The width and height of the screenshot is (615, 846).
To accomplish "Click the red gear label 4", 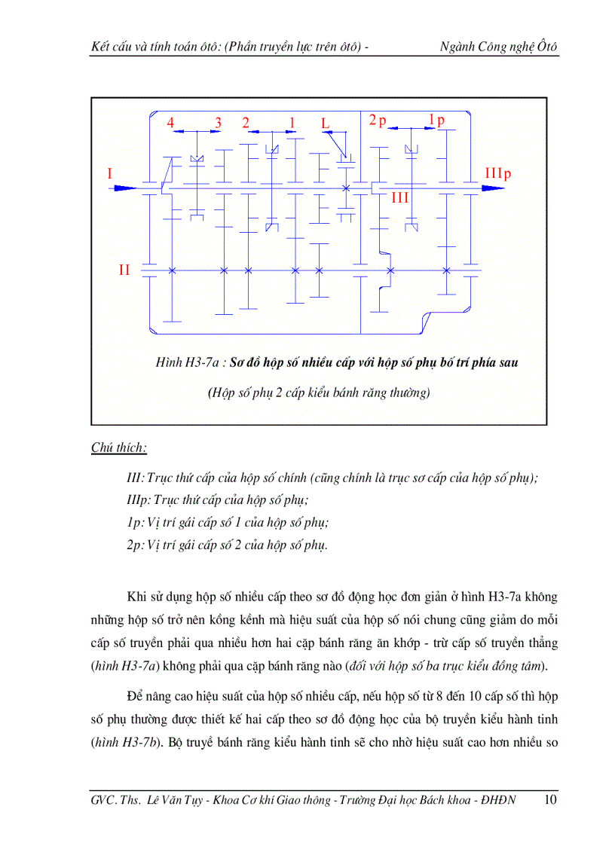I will click(171, 123).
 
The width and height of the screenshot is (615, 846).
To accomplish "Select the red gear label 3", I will click(219, 123).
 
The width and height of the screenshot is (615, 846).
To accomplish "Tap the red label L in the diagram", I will click(325, 123).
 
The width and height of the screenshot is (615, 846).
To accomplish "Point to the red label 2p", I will click(377, 121).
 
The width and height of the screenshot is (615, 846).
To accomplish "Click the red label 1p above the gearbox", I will click(436, 121).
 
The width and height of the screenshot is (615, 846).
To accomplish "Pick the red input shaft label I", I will click(110, 174).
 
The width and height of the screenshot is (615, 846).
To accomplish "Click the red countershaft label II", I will click(125, 270).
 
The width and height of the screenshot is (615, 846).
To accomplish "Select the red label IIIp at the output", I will click(497, 174).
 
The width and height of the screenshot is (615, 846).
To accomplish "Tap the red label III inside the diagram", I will click(399, 198).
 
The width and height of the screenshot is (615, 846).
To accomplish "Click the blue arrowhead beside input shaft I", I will click(124, 187).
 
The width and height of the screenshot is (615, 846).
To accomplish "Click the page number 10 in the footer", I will click(550, 800).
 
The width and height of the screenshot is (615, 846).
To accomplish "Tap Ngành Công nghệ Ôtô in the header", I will click(499, 47).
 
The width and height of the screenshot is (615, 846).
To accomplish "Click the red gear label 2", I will click(246, 123).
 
